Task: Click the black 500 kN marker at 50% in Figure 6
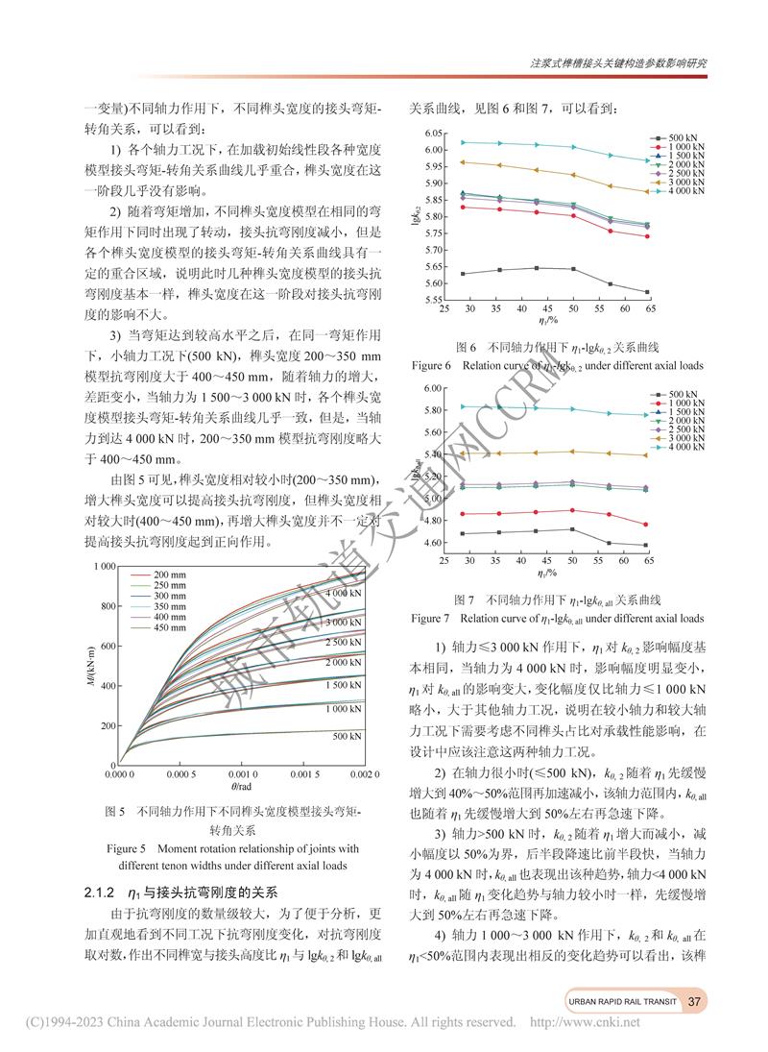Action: tap(573, 269)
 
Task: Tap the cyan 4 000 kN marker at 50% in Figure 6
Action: tap(573, 147)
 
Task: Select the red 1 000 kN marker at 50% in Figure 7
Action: tap(573, 510)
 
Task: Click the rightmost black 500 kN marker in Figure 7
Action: tap(646, 546)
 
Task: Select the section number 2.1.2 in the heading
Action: tap(100, 889)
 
